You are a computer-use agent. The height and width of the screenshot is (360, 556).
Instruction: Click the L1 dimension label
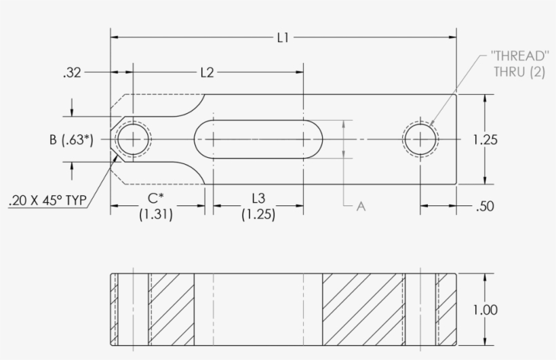point(283,38)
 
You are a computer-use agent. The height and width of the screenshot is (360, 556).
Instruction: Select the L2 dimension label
point(207,72)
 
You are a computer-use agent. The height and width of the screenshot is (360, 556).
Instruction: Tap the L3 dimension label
point(258,199)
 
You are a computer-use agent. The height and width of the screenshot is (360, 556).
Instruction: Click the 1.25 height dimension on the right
point(485,140)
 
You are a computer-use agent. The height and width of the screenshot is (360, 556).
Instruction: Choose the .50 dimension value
point(485,207)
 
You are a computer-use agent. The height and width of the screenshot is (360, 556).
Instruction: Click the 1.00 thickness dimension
point(485,310)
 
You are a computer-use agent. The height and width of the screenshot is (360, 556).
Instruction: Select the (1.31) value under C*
point(156,214)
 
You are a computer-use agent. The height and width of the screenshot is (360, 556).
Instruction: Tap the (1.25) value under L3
point(258,214)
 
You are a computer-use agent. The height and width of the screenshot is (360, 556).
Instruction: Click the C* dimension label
point(156,199)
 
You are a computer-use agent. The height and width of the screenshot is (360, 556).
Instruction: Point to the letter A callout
point(361,207)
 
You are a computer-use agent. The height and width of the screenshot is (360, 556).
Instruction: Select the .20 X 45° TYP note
point(47,201)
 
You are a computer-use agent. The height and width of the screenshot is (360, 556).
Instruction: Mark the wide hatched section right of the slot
point(363,310)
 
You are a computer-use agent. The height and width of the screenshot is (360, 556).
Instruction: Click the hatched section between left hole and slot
point(172,310)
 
